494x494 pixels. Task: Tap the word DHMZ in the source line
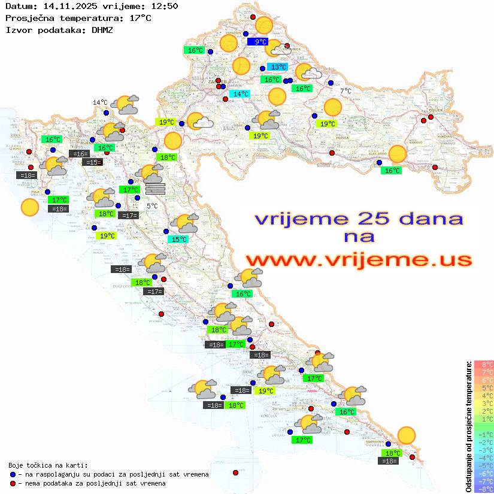(102, 29)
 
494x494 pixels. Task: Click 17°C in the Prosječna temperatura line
(140, 18)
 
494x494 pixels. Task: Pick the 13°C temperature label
(277, 67)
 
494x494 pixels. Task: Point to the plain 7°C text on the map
(346, 91)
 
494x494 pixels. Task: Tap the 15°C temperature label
(178, 240)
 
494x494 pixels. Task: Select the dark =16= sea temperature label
(80, 154)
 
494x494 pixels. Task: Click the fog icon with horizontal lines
(155, 189)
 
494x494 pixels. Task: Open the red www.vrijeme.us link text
(358, 260)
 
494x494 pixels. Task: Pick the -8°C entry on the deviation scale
(484, 489)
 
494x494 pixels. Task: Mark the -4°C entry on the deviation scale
(484, 457)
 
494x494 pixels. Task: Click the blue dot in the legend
(13, 474)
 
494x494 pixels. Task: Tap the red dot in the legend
(13, 483)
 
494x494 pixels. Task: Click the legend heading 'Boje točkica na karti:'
(48, 465)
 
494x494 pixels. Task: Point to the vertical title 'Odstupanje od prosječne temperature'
(469, 426)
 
